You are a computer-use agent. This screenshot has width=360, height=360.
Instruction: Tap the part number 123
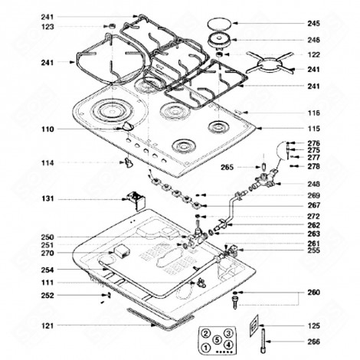pyautogui.click(x=47, y=27)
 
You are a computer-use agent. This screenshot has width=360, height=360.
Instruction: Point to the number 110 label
pyautogui.click(x=47, y=129)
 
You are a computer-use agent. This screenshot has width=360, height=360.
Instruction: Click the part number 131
pyautogui.click(x=47, y=199)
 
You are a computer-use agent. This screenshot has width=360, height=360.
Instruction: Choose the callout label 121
pyautogui.click(x=47, y=326)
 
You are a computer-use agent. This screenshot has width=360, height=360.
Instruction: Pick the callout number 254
pyautogui.click(x=47, y=270)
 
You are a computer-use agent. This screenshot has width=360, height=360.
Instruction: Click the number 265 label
pyautogui.click(x=227, y=167)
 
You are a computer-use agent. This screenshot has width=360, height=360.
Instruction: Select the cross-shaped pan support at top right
pyautogui.click(x=269, y=61)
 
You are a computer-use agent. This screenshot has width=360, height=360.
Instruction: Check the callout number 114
pyautogui.click(x=47, y=162)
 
